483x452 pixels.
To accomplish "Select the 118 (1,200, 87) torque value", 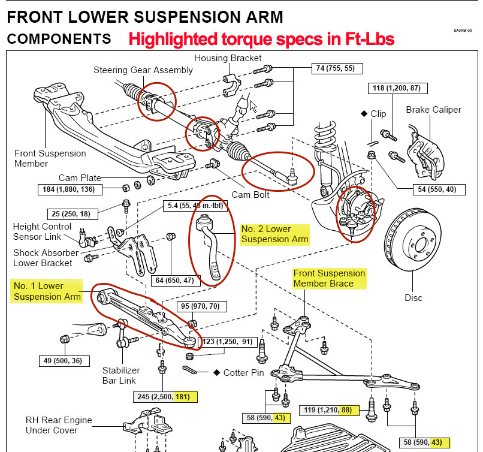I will pyautogui.click(x=396, y=88).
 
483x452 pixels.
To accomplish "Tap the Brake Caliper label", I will pyautogui.click(x=433, y=110).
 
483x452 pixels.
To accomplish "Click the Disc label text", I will pyautogui.click(x=413, y=297).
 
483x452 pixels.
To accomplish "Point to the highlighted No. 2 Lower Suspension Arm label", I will pyautogui.click(x=274, y=234).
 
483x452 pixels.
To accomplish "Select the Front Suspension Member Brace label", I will pyautogui.click(x=329, y=278).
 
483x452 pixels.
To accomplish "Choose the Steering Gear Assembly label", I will pyautogui.click(x=143, y=70).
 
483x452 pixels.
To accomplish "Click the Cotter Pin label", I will pyautogui.click(x=243, y=373).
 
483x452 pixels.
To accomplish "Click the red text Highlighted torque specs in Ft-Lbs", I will pyautogui.click(x=261, y=40).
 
